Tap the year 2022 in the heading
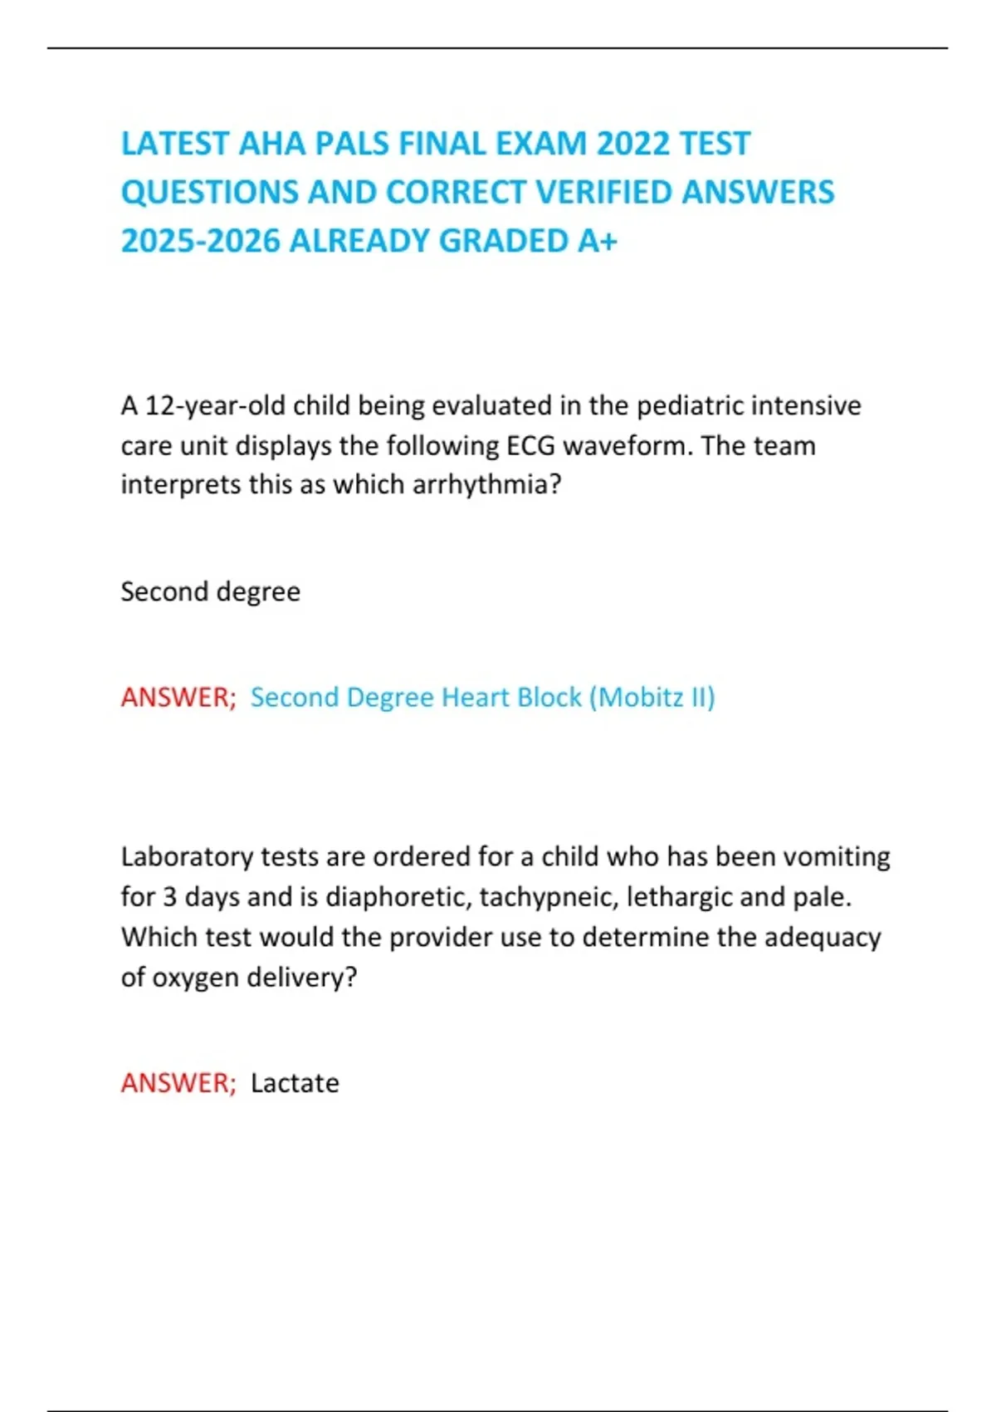[633, 144]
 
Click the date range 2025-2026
[201, 241]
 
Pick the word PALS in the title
[352, 144]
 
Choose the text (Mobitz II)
[652, 697]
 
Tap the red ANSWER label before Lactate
[178, 1083]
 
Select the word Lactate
[295, 1083]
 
